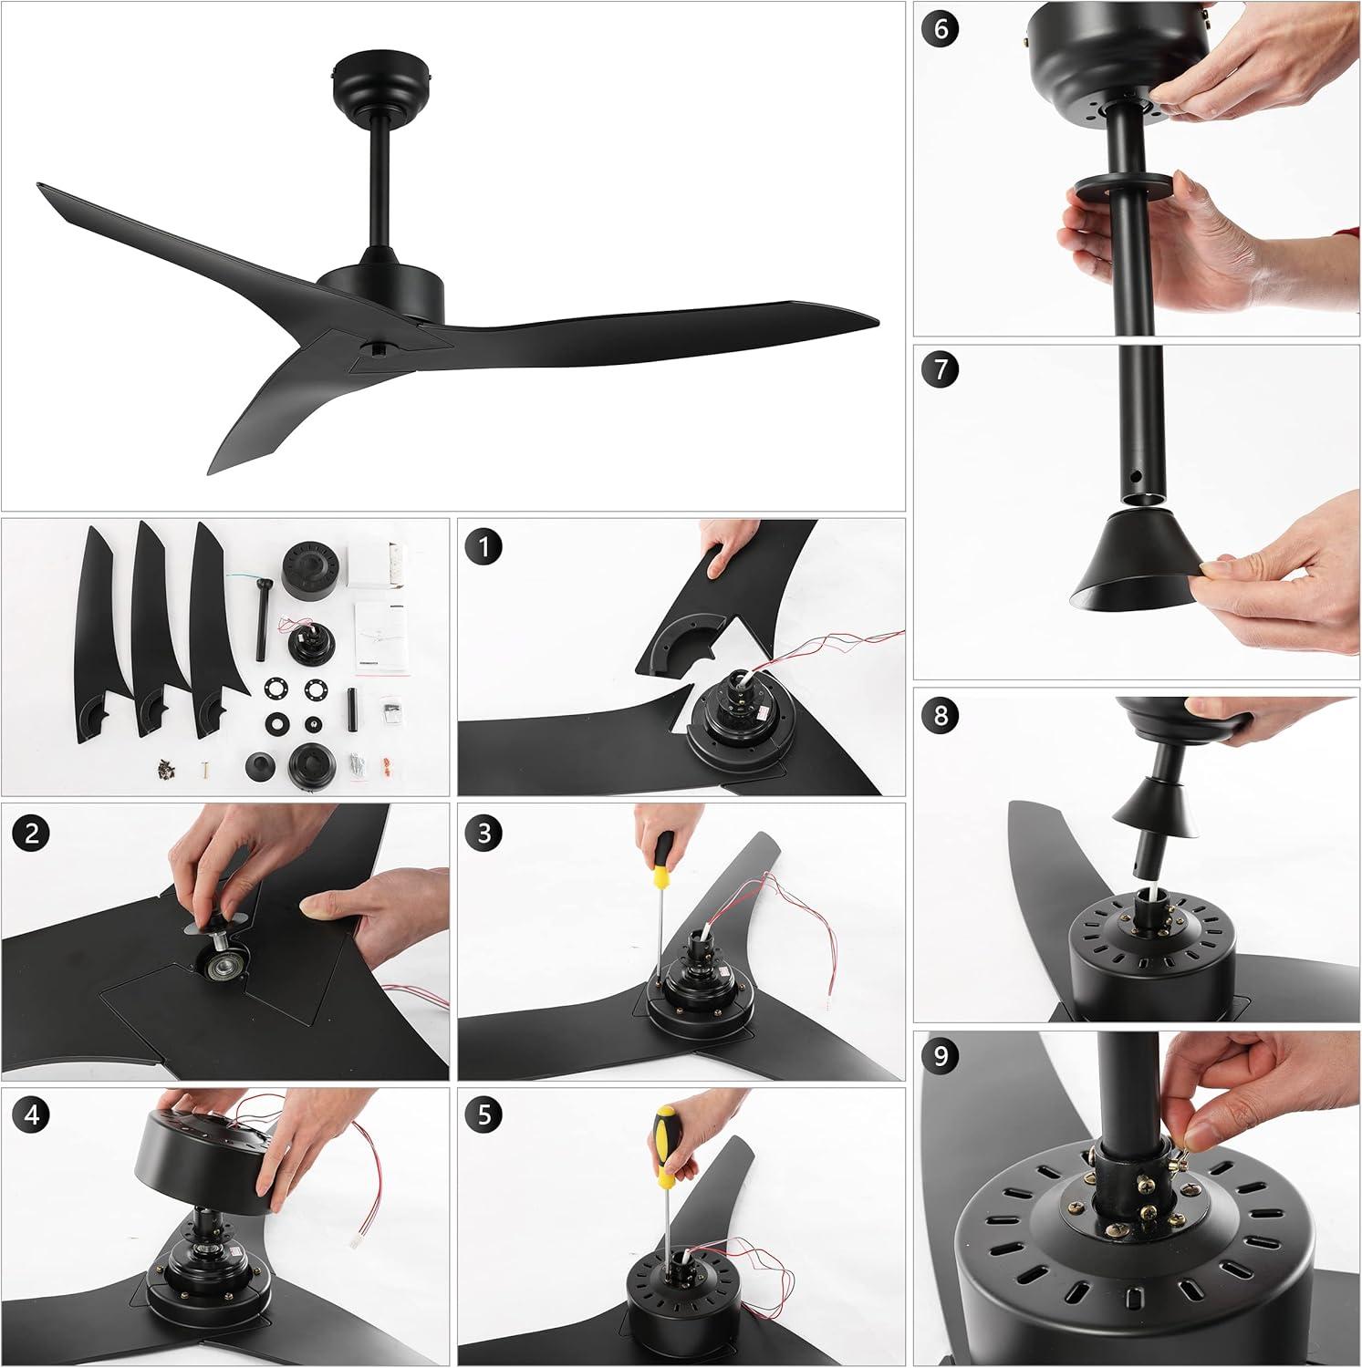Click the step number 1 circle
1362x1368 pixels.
click(x=483, y=547)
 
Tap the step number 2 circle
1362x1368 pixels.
click(x=32, y=834)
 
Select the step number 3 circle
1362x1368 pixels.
click(x=483, y=832)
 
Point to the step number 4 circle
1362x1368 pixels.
click(x=32, y=1115)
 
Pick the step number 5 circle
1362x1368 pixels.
click(x=483, y=1115)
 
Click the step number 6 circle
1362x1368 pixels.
click(x=941, y=30)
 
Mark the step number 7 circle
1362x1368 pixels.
click(x=941, y=371)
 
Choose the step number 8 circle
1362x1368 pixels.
click(x=941, y=714)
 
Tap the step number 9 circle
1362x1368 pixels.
click(x=941, y=1057)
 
